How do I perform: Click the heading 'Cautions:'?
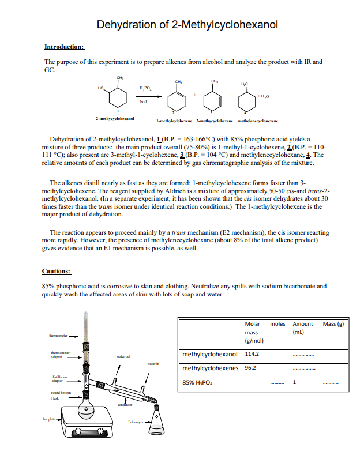point(57,270)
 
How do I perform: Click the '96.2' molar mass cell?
point(250,367)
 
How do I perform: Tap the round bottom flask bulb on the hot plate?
point(87,411)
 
